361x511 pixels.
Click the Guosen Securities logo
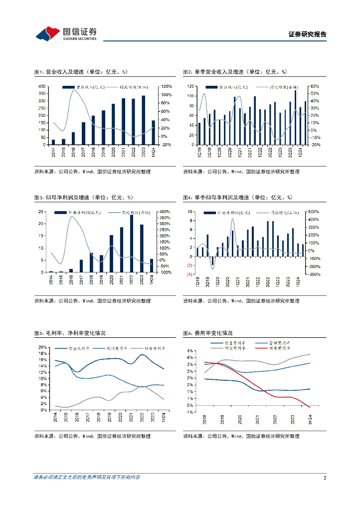click(x=66, y=33)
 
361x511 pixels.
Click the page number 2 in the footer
click(x=325, y=478)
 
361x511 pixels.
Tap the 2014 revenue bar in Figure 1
click(x=53, y=142)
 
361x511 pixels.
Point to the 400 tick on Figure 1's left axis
click(x=42, y=86)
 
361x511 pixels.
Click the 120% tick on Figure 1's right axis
click(x=167, y=86)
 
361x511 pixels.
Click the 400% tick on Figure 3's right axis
click(x=166, y=212)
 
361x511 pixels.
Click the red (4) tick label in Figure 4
click(x=189, y=274)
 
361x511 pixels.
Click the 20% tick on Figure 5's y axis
click(x=43, y=347)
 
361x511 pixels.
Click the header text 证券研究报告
click(x=308, y=34)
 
